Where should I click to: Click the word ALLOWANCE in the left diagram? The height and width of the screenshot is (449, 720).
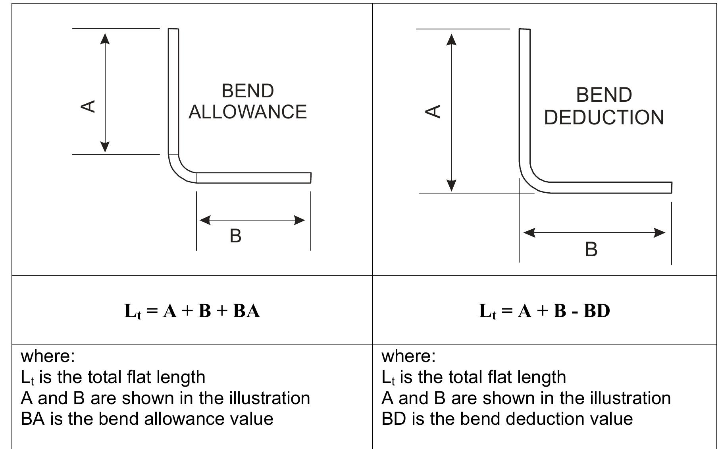click(248, 112)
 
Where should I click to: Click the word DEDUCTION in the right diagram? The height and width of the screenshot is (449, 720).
click(604, 118)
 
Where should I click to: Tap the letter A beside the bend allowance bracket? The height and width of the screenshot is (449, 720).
click(88, 106)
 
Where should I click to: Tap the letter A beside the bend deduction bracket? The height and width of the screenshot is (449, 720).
click(433, 111)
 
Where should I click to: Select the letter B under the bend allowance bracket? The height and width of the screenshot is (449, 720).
click(235, 236)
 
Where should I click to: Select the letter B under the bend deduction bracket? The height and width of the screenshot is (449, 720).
click(591, 250)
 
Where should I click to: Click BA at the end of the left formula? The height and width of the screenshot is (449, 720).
click(246, 311)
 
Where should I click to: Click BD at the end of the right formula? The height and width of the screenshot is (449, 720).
click(597, 311)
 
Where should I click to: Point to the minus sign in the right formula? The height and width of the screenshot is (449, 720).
click(574, 312)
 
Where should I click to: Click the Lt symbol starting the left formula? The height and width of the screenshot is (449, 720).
click(133, 311)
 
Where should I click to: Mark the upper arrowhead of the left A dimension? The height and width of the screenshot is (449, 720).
click(105, 39)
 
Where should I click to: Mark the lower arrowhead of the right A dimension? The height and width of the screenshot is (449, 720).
click(451, 186)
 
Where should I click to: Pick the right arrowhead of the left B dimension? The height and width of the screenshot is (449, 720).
click(299, 220)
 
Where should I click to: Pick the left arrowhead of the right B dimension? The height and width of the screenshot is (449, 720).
click(529, 232)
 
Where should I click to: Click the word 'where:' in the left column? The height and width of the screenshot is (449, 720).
click(48, 356)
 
